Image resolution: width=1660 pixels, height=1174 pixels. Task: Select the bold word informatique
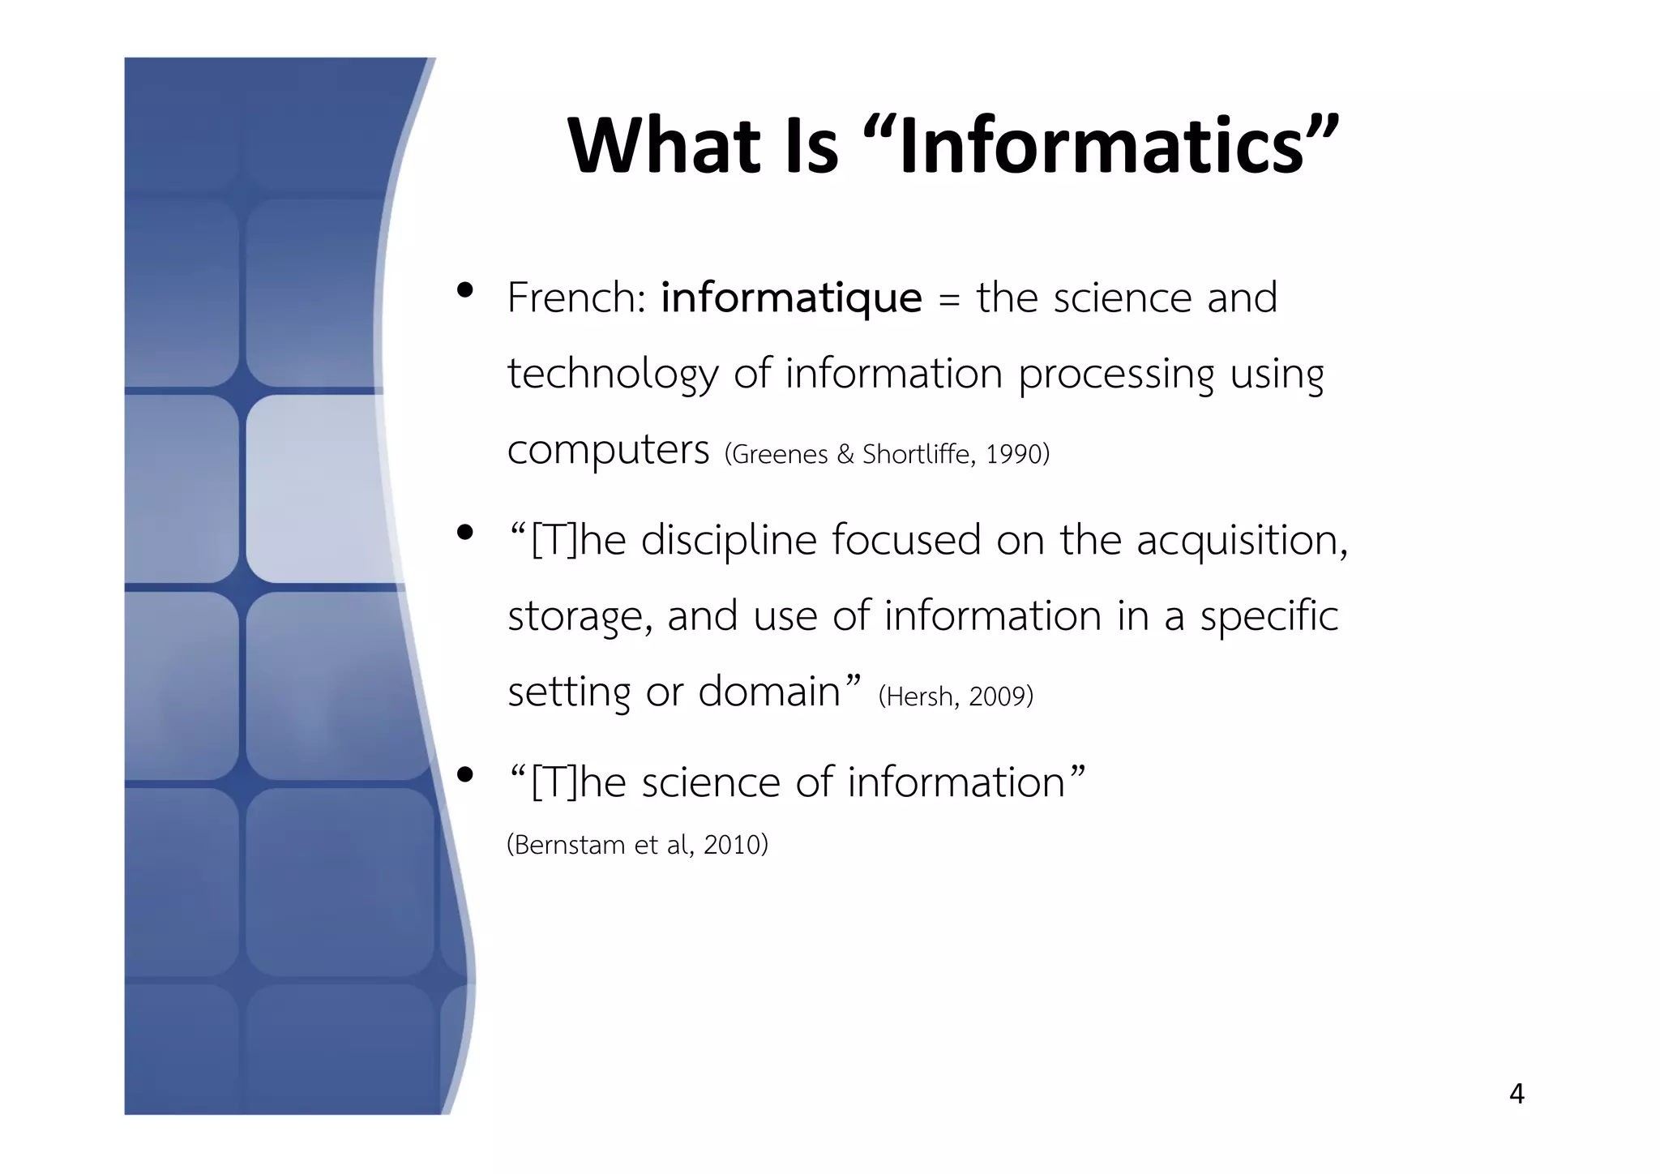791,298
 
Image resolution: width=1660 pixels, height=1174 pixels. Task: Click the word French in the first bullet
571,298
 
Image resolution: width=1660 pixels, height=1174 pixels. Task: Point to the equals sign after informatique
948,300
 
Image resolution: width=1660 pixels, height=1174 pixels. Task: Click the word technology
613,375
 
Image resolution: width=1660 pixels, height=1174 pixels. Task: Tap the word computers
608,450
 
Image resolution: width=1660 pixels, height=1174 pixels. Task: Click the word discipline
729,540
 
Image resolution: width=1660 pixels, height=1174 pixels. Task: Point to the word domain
769,692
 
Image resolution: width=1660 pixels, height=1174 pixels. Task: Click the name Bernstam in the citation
571,845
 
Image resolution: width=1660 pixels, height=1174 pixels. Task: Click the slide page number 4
1517,1095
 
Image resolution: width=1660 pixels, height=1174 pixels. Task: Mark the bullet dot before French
464,290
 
